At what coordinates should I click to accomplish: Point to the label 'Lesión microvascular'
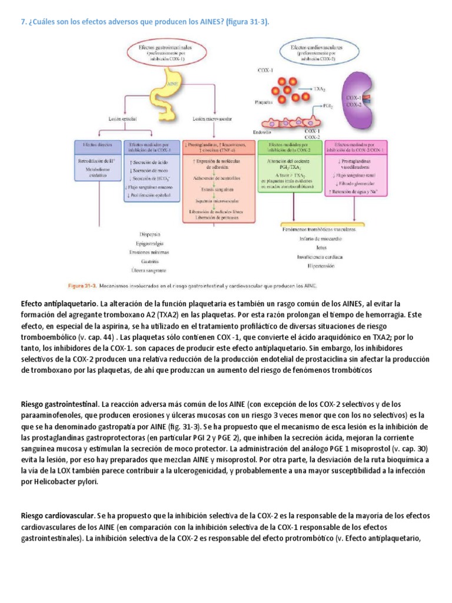click(210, 118)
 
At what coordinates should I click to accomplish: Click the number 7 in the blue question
click(23, 22)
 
